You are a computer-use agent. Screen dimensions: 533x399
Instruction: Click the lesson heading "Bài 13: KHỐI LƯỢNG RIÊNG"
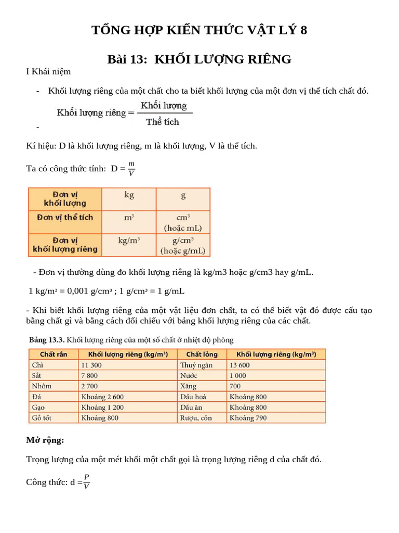coord(199,59)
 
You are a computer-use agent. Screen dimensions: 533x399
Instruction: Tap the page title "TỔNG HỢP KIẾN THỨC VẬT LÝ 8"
coord(199,30)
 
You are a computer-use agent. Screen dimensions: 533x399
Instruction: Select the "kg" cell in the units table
coord(129,196)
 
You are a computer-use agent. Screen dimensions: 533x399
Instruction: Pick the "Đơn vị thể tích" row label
coord(65,217)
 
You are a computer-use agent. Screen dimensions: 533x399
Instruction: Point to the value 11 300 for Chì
coord(92,365)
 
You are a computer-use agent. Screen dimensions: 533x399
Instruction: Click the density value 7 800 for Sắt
coord(89,375)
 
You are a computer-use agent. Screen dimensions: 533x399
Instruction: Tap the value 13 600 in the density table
coord(240,365)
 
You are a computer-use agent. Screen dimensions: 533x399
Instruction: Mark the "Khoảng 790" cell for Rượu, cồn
coord(248,417)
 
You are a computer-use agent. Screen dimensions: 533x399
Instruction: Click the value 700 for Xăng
coord(235,386)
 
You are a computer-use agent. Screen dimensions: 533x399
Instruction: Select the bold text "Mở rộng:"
coord(45,440)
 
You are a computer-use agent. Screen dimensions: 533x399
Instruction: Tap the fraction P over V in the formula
coord(86,481)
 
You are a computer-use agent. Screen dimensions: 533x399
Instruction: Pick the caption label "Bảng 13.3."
coord(46,340)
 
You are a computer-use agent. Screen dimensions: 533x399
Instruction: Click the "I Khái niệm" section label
coord(48,72)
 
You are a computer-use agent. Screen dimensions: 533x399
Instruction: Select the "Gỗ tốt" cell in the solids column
coord(42,417)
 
